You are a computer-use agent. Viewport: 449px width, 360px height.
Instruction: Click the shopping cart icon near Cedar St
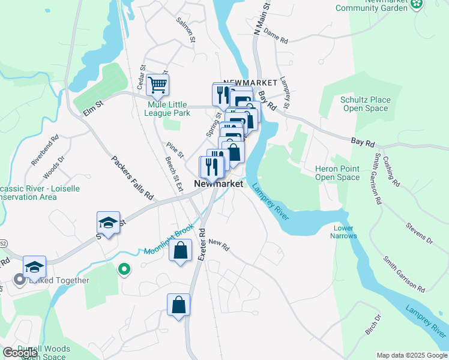157,85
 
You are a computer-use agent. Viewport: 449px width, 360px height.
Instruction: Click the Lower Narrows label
343,232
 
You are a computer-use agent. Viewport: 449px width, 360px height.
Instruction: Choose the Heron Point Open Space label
337,173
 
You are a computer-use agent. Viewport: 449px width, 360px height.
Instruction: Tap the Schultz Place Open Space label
365,104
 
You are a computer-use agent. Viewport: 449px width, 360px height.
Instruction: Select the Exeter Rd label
202,244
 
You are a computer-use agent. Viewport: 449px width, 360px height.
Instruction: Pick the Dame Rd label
276,36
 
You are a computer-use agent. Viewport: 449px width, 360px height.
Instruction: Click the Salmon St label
186,29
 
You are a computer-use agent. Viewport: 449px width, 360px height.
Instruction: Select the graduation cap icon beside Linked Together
34,267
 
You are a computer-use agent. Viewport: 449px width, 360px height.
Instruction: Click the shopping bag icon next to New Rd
180,251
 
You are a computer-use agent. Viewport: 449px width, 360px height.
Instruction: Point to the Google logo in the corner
20,353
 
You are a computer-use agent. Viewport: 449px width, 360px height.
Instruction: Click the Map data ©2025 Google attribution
411,355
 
